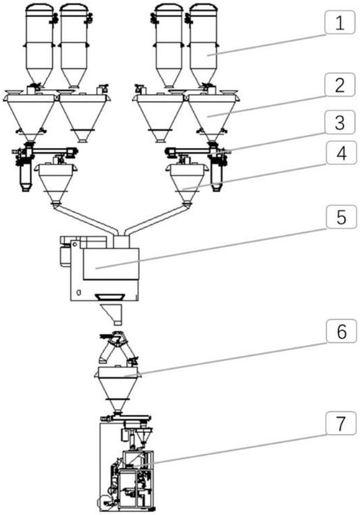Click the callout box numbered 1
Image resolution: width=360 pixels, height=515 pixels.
tap(340, 22)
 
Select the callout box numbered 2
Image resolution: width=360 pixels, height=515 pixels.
tap(340, 85)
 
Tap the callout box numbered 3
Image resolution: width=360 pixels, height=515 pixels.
tap(340, 122)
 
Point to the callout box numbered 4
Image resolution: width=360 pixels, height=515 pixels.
tap(341, 153)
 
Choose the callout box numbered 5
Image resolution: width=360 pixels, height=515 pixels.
tap(341, 217)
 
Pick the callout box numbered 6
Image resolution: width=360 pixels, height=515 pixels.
tap(341, 331)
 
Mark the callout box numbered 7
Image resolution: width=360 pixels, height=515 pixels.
tap(341, 423)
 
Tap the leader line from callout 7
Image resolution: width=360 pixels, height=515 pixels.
tap(230, 450)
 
